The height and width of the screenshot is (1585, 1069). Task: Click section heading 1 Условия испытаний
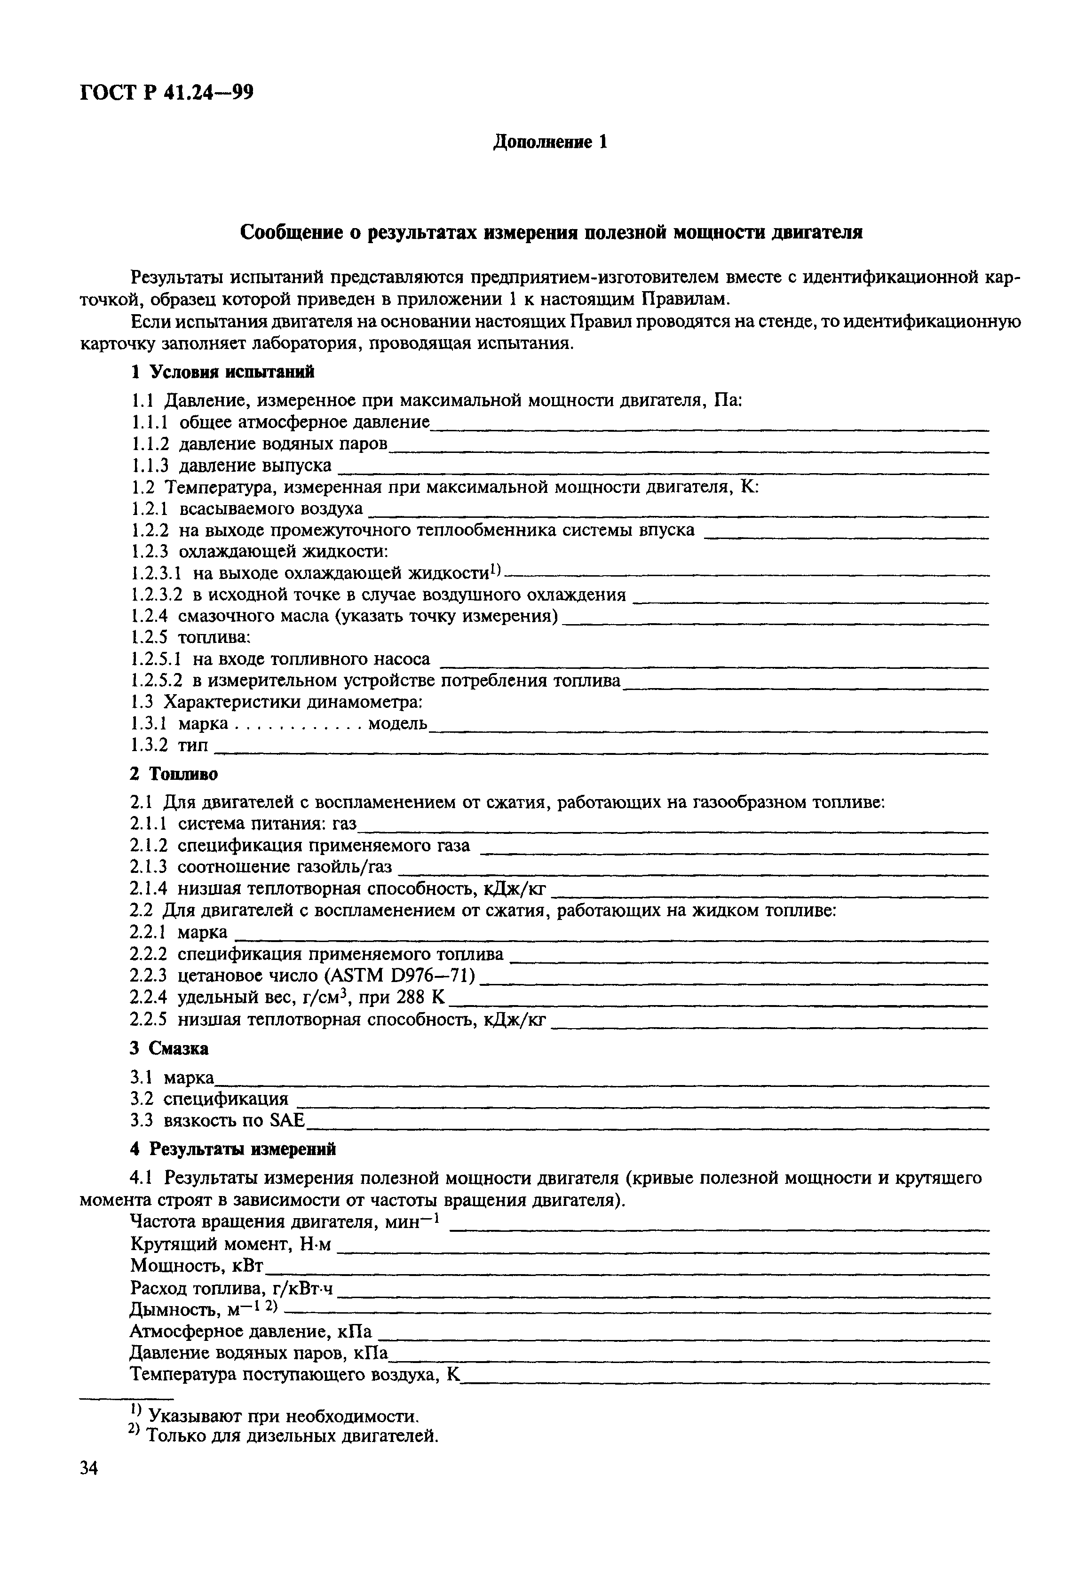tap(222, 372)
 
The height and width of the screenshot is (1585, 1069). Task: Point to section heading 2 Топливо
tap(174, 775)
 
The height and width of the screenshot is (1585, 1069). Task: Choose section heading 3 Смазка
tap(169, 1048)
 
